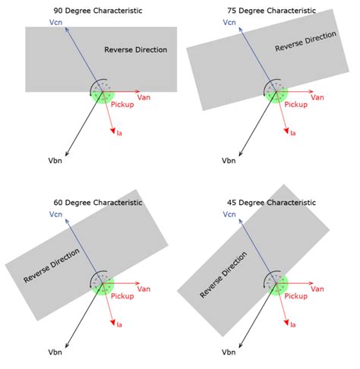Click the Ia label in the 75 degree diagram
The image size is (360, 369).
tap(293, 133)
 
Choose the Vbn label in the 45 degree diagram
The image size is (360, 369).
tap(228, 352)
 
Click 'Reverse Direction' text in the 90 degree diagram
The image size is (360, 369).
tap(135, 49)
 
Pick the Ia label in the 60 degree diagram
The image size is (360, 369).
tap(120, 324)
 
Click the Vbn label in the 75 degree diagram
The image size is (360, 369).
tap(228, 160)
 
